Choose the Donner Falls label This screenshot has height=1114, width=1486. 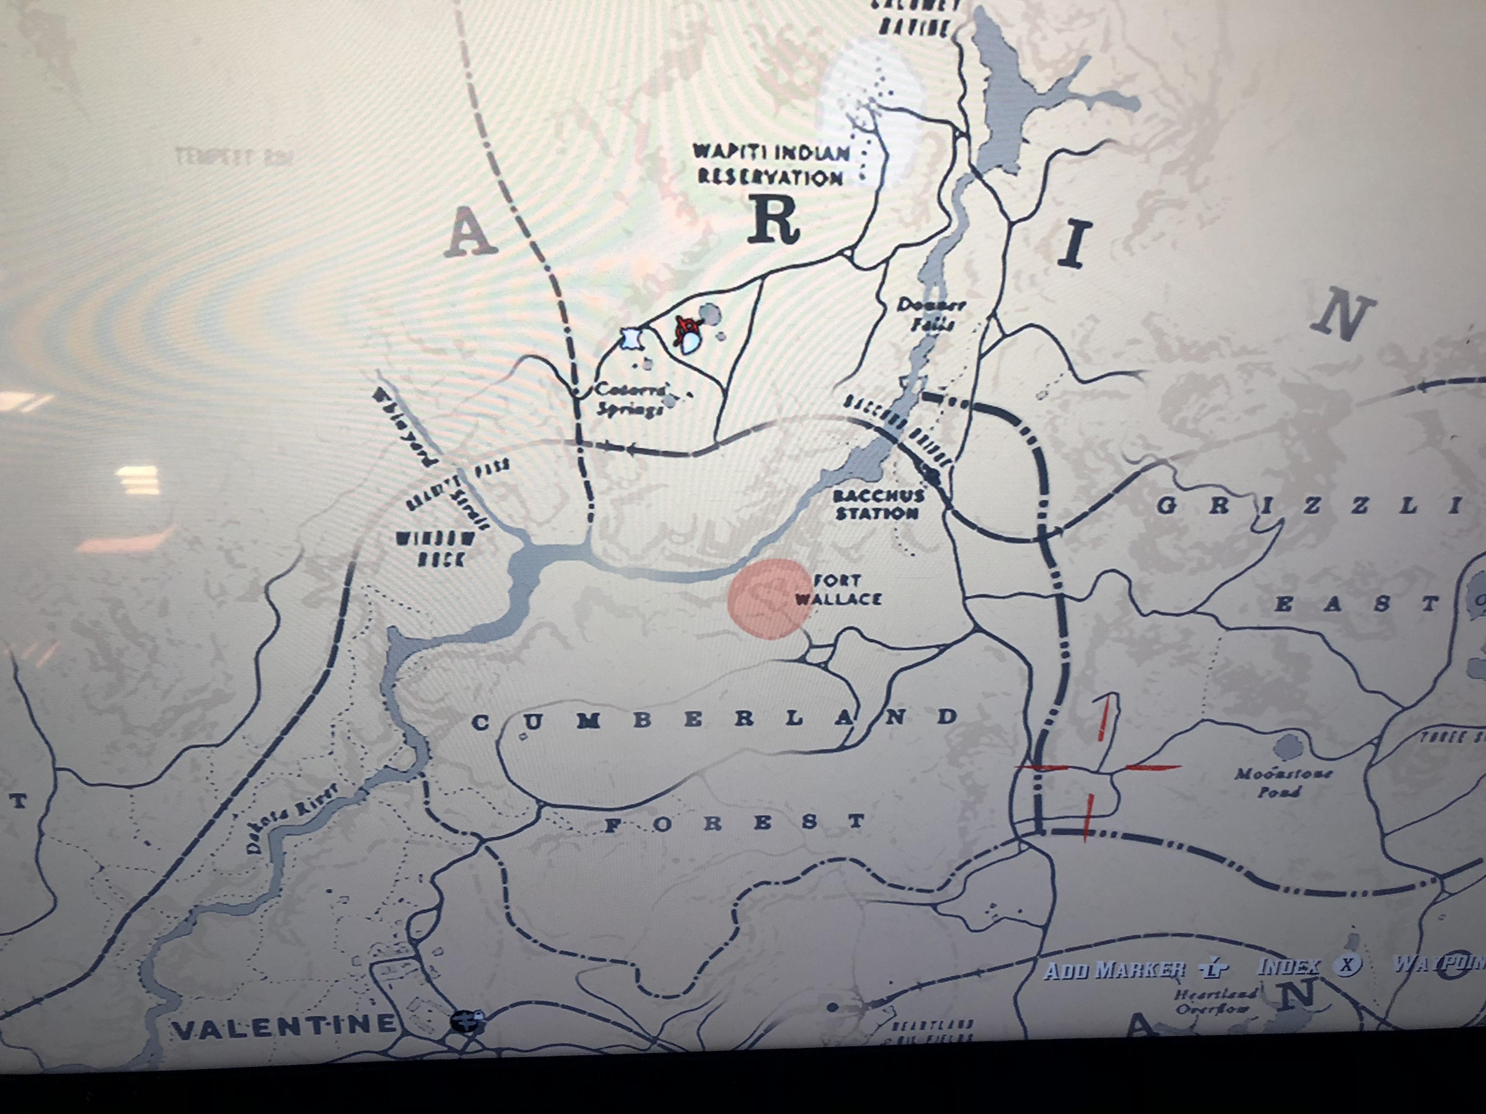[x=931, y=313]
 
